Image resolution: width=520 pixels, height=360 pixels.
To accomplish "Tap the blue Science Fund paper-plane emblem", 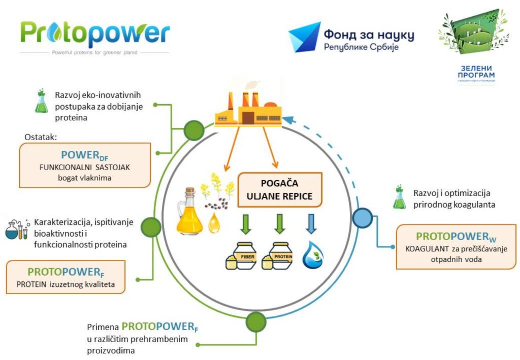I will (304, 37).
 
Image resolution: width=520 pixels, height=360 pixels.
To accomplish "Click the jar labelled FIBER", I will (241, 255).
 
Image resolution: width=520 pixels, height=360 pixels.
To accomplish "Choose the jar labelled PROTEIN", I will (277, 255).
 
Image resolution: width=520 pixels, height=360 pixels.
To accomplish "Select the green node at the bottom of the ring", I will (255, 321).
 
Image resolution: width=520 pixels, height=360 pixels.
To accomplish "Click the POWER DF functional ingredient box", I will (85, 165).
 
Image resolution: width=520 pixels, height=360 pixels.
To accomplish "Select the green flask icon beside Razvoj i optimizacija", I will (400, 198).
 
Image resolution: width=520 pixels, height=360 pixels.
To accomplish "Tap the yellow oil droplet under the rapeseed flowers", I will (214, 223).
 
